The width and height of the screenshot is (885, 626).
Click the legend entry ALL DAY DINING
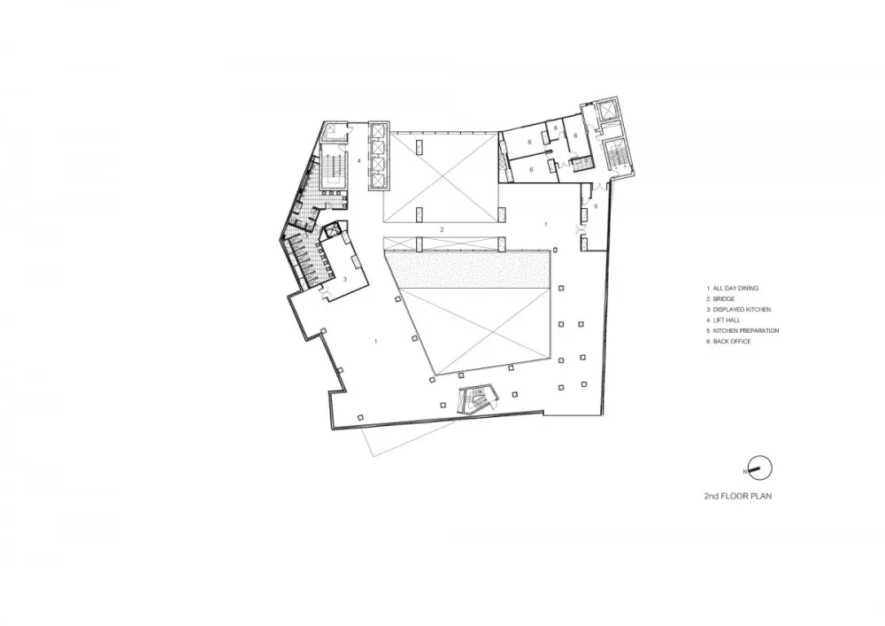735,289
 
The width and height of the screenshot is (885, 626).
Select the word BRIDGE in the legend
724,299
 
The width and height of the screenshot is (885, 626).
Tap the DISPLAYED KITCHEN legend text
742,310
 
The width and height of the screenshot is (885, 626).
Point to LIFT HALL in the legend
727,321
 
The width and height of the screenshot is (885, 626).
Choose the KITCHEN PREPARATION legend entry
745,331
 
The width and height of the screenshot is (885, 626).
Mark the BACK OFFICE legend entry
732,342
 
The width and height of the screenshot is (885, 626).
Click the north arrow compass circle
761,468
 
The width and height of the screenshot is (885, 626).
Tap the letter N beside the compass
745,471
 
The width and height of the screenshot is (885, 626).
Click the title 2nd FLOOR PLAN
738,496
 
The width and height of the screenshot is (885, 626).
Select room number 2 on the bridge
442,229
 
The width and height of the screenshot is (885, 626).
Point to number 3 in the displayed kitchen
345,279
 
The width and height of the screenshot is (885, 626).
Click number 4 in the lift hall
359,161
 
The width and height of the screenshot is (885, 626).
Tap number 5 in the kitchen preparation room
596,206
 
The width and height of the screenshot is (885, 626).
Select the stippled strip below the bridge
467,269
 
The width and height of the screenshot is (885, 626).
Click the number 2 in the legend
708,299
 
